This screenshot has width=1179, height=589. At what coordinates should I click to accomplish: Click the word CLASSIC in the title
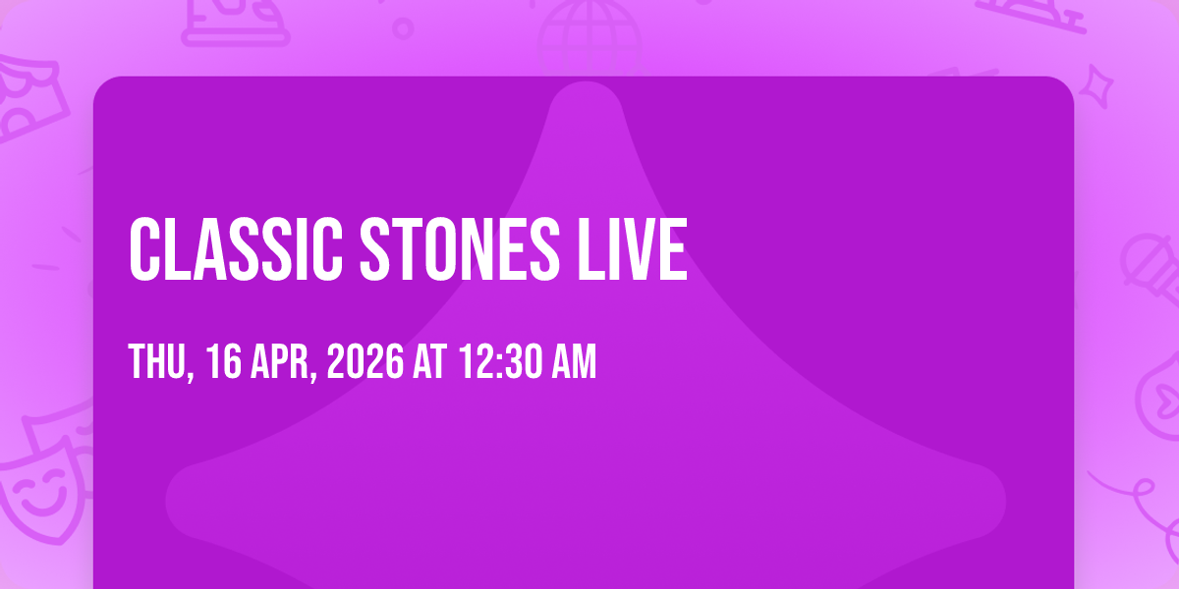(x=236, y=249)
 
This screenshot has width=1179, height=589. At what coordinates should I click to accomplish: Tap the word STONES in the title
(x=460, y=249)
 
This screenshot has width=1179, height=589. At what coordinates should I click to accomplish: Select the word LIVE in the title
(x=632, y=249)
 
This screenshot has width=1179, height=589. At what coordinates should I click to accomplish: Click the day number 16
(x=224, y=361)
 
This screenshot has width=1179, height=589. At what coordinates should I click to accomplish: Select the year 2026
(x=365, y=361)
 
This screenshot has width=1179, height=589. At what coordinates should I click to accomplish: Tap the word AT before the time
(x=430, y=361)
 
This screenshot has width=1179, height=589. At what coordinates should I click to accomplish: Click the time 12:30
(x=500, y=361)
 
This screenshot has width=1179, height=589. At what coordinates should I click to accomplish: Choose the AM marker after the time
(x=574, y=361)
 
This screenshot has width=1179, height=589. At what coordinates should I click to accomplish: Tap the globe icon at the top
(x=589, y=34)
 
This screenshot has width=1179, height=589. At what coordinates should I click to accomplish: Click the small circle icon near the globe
(x=403, y=28)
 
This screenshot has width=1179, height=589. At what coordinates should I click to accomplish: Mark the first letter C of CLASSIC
(x=143, y=249)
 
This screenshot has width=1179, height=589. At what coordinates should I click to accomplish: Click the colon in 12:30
(x=499, y=364)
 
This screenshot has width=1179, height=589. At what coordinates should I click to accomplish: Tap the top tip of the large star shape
(x=586, y=83)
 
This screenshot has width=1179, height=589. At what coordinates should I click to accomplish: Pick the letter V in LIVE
(x=633, y=249)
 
